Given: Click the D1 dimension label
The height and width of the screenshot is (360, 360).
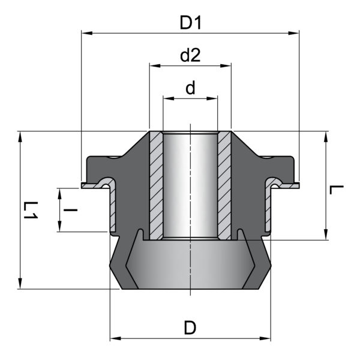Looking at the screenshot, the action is (x=190, y=23).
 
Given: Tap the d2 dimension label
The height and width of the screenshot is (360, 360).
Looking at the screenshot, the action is (x=190, y=55).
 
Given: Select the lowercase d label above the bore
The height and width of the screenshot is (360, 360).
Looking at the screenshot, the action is (x=190, y=88).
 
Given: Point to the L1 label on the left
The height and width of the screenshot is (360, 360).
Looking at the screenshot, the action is (x=31, y=210).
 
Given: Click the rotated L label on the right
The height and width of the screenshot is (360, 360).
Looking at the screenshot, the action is (x=337, y=190).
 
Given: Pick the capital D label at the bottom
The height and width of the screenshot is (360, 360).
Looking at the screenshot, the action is (x=190, y=328).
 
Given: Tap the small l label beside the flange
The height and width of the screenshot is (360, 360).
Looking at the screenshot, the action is (x=70, y=209).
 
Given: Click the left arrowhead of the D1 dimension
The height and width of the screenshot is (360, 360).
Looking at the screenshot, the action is (x=87, y=33).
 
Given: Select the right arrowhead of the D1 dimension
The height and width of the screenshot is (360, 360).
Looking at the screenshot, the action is (x=293, y=33).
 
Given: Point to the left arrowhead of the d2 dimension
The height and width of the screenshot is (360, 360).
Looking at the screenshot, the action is (x=155, y=65).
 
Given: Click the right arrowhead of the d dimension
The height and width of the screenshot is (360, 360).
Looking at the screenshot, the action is (x=212, y=98).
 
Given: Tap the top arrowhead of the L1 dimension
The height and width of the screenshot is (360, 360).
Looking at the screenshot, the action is (x=20, y=137).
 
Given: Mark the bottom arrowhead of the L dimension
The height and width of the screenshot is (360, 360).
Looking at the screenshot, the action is (x=326, y=235).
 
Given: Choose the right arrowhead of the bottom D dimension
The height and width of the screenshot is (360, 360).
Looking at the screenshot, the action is (x=265, y=338).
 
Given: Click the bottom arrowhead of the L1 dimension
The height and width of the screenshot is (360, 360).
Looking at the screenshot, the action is (x=20, y=284).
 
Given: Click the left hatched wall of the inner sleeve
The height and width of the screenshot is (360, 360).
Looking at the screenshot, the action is (x=157, y=185).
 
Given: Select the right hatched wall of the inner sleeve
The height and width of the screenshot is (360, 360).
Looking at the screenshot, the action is (x=224, y=185).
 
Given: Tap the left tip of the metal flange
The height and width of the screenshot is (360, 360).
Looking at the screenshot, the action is (x=82, y=185).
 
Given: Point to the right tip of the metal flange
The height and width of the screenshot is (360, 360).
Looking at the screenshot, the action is (x=299, y=185).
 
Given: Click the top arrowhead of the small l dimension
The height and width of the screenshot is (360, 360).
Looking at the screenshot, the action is (x=59, y=194).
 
